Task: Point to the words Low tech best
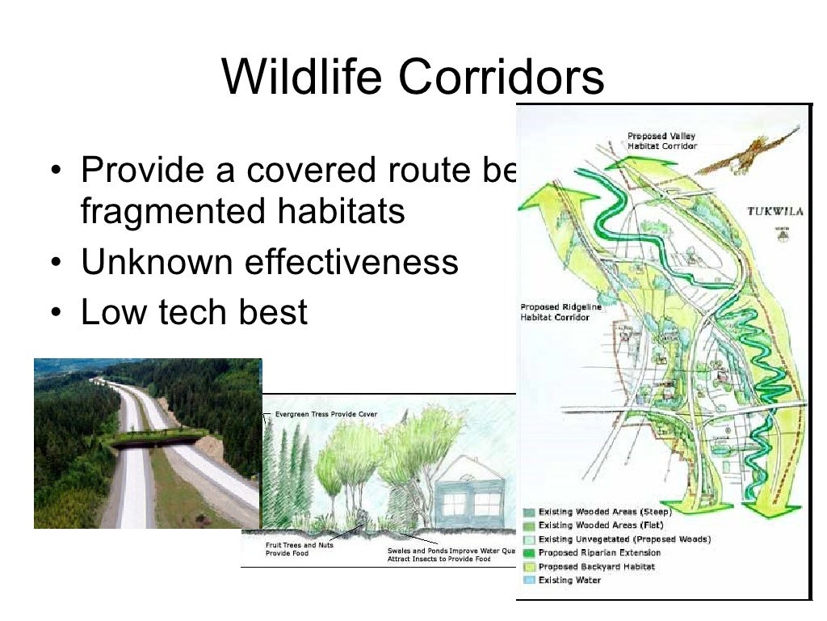[x=194, y=311]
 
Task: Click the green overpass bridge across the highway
[x=158, y=439]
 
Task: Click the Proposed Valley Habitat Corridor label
[x=662, y=141]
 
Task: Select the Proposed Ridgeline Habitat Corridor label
[x=555, y=312]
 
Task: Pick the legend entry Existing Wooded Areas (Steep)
[x=605, y=512]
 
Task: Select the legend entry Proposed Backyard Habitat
[x=596, y=567]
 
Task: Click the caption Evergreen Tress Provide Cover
[x=326, y=414]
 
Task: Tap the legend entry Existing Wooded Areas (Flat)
[x=601, y=526]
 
